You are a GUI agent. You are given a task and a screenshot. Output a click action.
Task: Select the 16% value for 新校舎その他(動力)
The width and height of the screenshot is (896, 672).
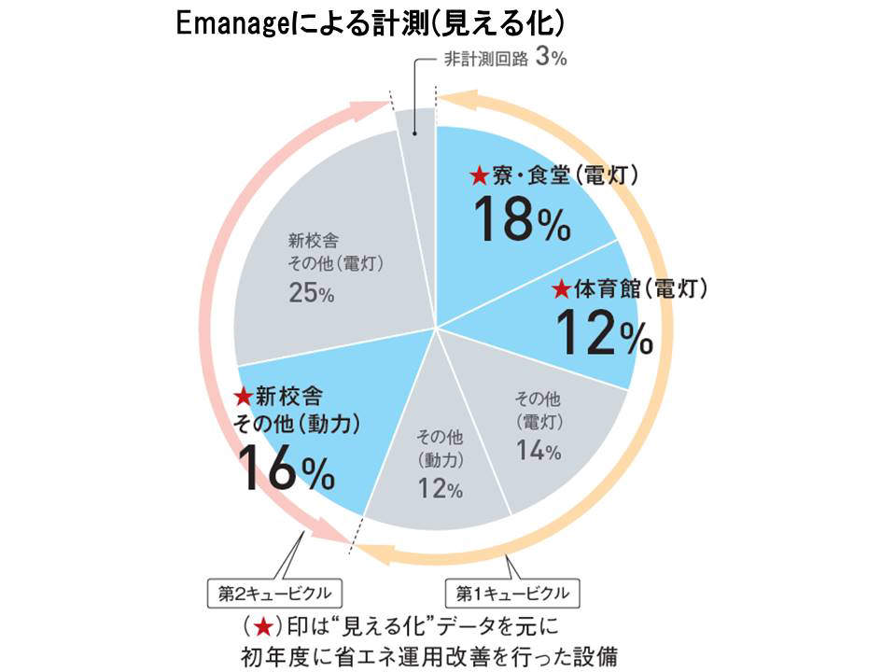coord(286,468)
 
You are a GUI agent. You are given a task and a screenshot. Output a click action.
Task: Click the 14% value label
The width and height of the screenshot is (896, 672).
coord(538,452)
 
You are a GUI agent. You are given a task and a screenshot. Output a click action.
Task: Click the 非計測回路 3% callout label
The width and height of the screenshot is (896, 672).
coord(504,59)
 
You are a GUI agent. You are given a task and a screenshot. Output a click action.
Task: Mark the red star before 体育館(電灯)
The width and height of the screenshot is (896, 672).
coord(560,289)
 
